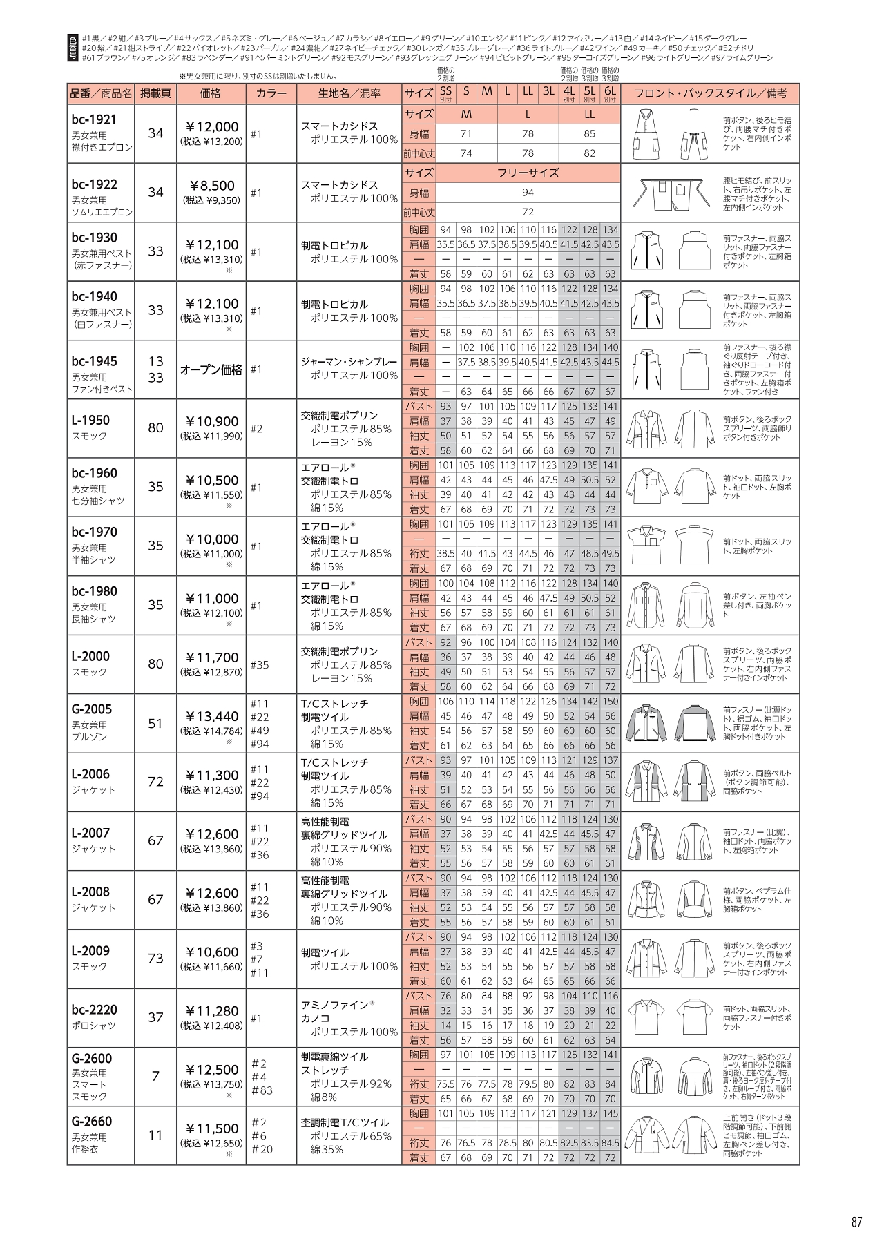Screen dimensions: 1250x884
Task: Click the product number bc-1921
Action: pyautogui.click(x=94, y=119)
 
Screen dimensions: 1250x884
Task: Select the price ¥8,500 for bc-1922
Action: pyautogui.click(x=211, y=186)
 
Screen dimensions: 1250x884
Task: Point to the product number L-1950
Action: pyautogui.click(x=90, y=420)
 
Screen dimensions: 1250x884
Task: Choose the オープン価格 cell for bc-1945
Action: pyautogui.click(x=211, y=369)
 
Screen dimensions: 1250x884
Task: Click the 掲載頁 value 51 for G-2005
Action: pyautogui.click(x=155, y=723)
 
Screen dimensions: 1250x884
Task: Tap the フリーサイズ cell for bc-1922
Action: pyautogui.click(x=528, y=173)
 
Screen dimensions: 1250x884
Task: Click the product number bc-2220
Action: pyautogui.click(x=94, y=1010)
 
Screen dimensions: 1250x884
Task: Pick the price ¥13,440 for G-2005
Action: pyautogui.click(x=211, y=717)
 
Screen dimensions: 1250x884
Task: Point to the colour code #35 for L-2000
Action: pyautogui.click(x=260, y=664)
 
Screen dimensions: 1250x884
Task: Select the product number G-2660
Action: pyautogui.click(x=91, y=1121)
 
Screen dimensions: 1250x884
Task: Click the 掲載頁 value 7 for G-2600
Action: pyautogui.click(x=155, y=1076)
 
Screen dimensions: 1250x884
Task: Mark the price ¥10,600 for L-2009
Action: pyautogui.click(x=211, y=952)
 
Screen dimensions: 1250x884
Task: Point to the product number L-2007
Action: pyautogui.click(x=90, y=833)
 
